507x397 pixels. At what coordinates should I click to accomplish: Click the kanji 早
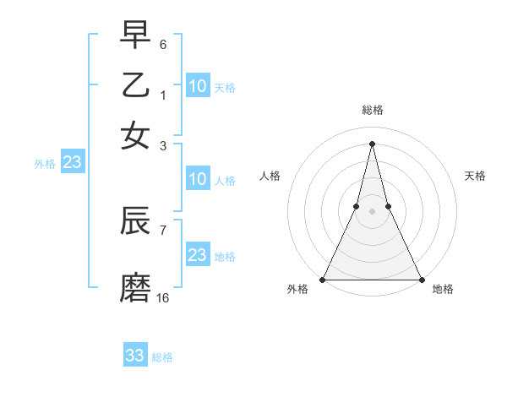[x=135, y=35]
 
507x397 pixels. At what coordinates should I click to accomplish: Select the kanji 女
[x=135, y=134]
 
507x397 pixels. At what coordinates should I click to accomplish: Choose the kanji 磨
[x=135, y=287]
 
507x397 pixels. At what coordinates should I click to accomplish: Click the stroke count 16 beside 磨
[x=163, y=297]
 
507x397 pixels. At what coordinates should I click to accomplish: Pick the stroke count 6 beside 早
[x=163, y=44]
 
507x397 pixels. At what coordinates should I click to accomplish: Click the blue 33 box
[x=135, y=356]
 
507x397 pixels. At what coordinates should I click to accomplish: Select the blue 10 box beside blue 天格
[x=198, y=86]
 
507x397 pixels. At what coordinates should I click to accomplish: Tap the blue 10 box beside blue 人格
[x=198, y=179]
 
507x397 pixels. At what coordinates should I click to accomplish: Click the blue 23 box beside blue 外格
[x=72, y=163]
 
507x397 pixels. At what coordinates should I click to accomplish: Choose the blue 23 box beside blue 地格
[x=198, y=255]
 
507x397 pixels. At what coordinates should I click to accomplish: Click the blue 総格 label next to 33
[x=162, y=357]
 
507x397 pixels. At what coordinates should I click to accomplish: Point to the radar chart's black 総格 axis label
[x=372, y=110]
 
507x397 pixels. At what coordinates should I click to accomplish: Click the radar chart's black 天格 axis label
[x=475, y=176]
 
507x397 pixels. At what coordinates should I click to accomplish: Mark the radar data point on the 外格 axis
[x=323, y=280]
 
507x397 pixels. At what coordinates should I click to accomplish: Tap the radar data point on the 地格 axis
[x=421, y=280]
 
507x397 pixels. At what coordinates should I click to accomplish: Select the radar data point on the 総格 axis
[x=372, y=143]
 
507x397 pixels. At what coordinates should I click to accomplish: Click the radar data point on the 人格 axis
[x=356, y=206]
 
